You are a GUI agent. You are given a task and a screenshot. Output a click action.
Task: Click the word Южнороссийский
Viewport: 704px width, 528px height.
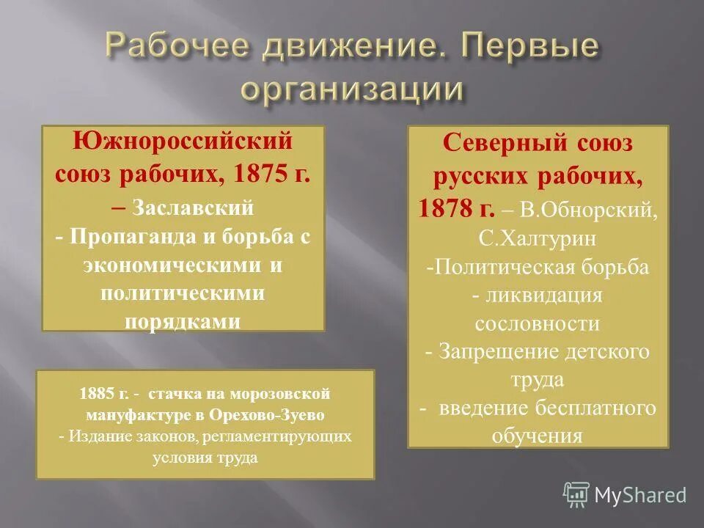(183, 141)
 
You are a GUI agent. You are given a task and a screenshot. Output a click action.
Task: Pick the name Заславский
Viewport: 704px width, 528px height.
(194, 208)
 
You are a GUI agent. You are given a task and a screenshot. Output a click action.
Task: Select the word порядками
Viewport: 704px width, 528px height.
(183, 320)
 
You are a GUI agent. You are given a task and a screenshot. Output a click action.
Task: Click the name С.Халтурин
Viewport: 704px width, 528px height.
(538, 238)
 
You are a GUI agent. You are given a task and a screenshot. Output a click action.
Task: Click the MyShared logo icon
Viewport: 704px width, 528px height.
(576, 494)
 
